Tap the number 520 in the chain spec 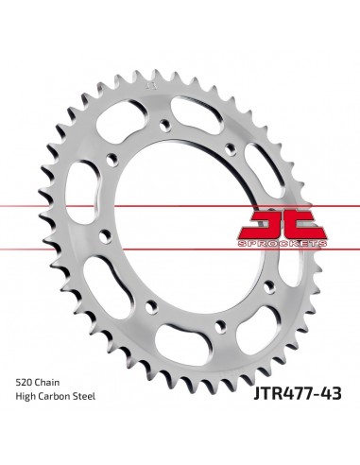pyautogui.click(x=26, y=379)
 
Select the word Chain pyautogui.click(x=56, y=379)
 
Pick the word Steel pyautogui.click(x=100, y=396)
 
